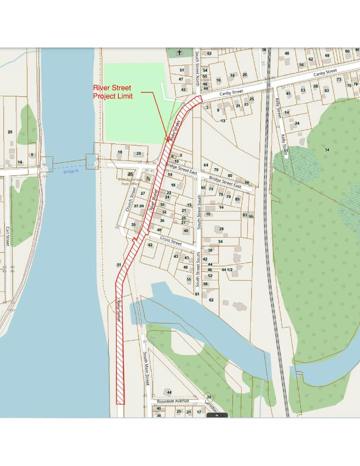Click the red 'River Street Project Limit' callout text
pyautogui.click(x=112, y=92)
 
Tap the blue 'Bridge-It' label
pyautogui.click(x=71, y=172)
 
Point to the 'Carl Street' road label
pyautogui.click(x=7, y=236)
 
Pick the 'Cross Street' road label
pyautogui.click(x=171, y=241)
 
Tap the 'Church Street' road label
pyautogui.click(x=131, y=199)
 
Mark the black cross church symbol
pyautogui.click(x=179, y=53)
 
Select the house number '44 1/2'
pyautogui.click(x=227, y=270)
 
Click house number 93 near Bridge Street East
pyautogui.click(x=245, y=215)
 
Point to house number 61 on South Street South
pyautogui.click(x=197, y=294)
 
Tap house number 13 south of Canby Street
pyautogui.click(x=223, y=121)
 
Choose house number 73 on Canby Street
pyautogui.click(x=339, y=79)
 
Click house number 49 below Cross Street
pyautogui.click(x=186, y=267)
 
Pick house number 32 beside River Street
pyautogui.click(x=164, y=212)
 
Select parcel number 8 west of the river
pyautogui.click(x=32, y=155)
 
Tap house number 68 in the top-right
pyautogui.click(x=327, y=55)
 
